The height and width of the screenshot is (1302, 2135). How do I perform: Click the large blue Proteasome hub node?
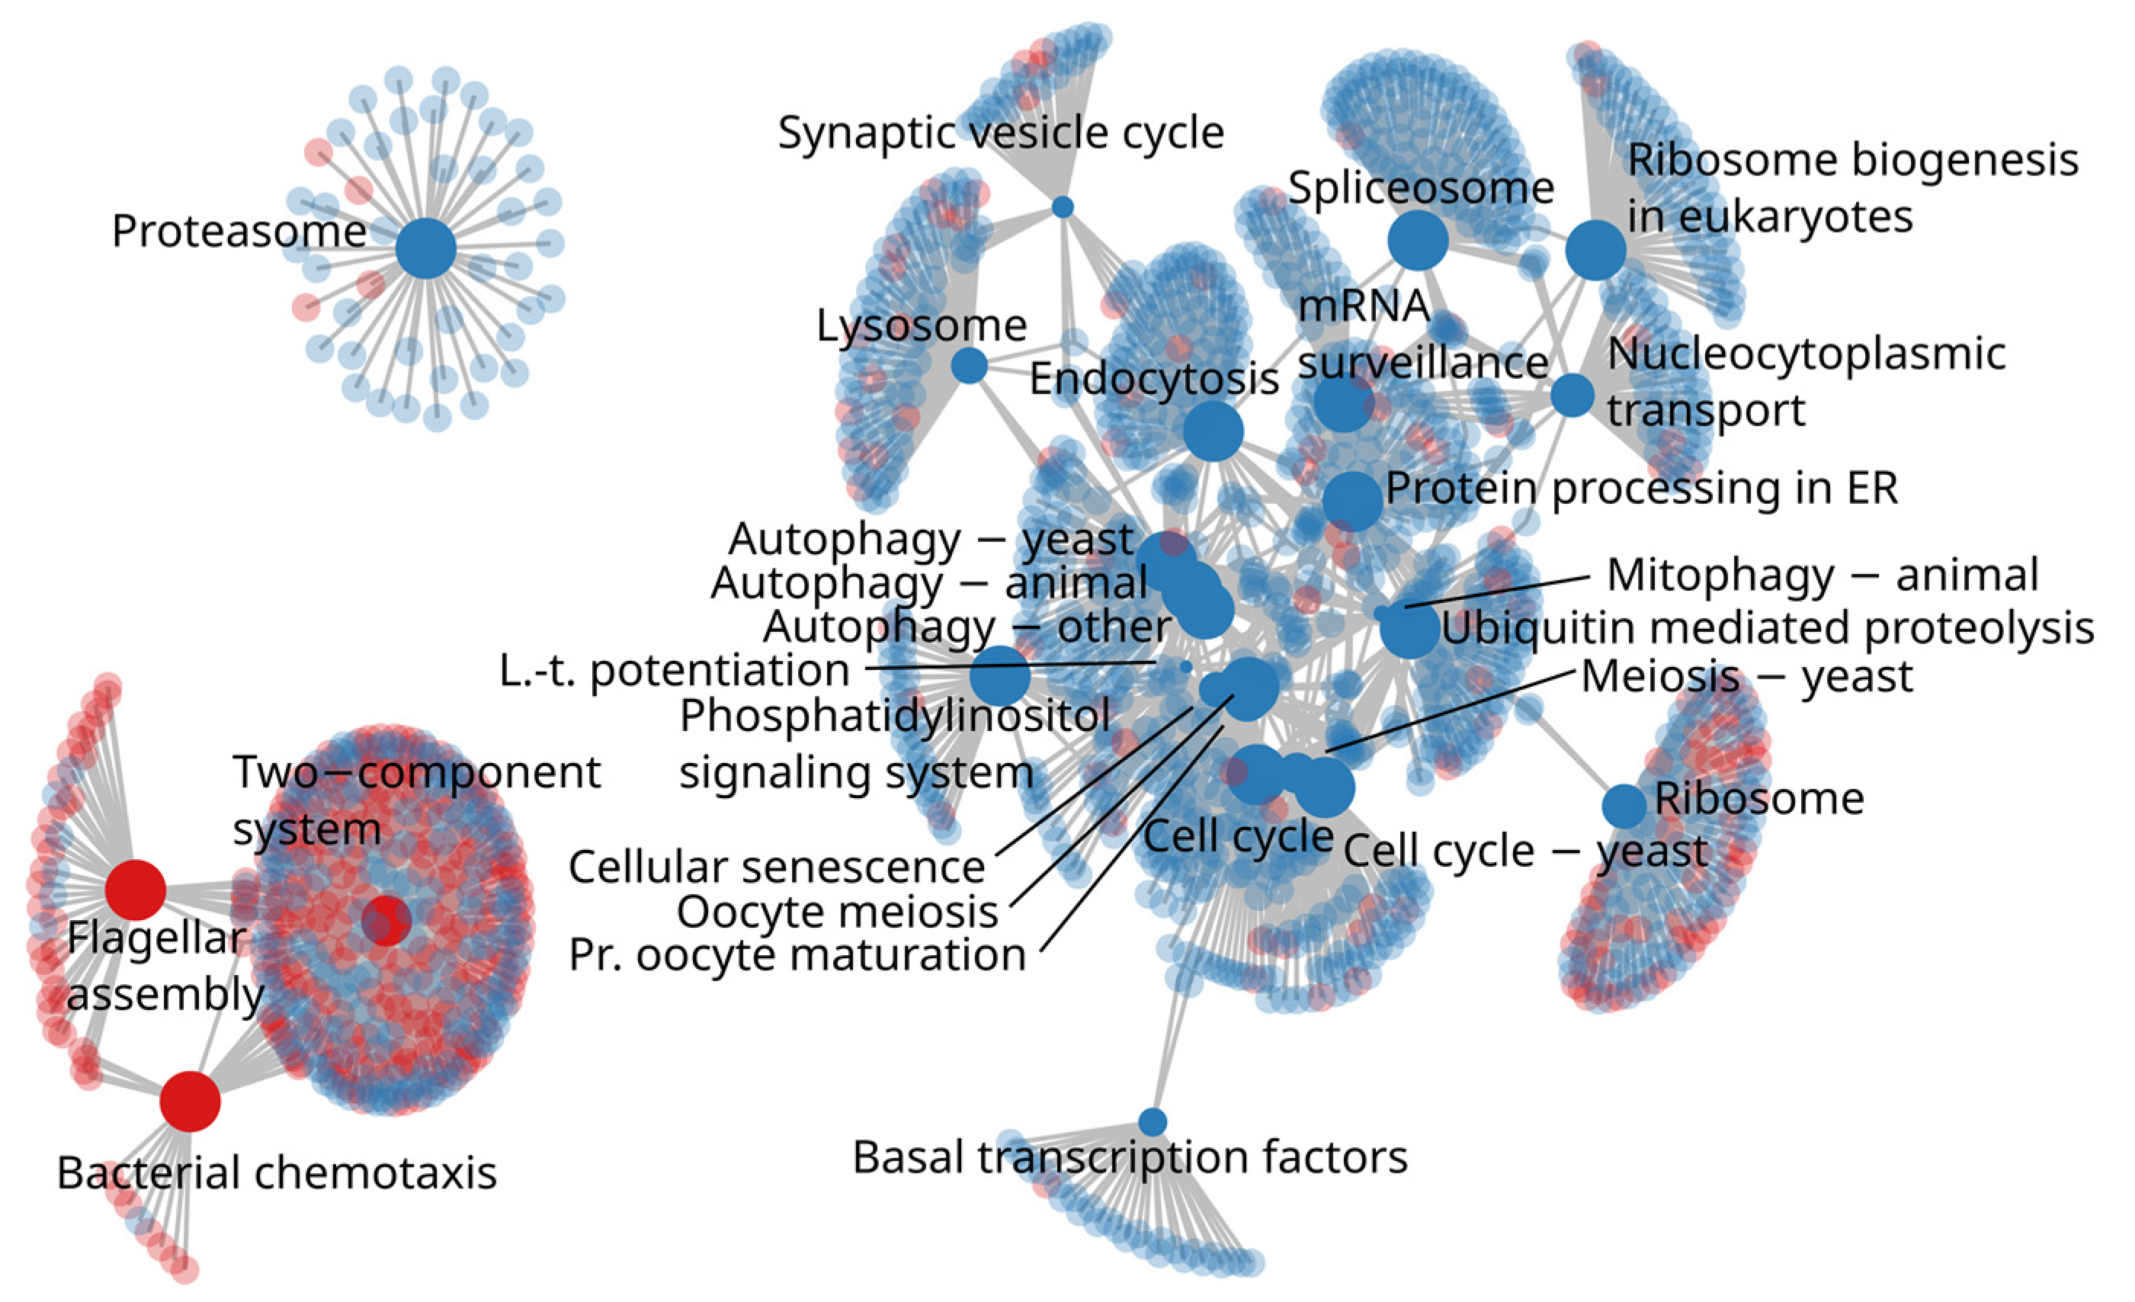point(425,249)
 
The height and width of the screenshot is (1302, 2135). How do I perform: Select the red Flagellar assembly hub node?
point(135,890)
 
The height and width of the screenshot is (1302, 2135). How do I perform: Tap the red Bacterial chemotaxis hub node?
point(190,1101)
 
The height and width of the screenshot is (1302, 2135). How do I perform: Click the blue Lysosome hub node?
point(969,366)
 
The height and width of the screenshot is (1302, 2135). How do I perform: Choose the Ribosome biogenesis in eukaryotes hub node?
point(1595,249)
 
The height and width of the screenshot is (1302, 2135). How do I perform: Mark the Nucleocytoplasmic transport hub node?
point(1572,395)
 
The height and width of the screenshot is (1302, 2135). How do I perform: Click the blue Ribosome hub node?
point(1624,807)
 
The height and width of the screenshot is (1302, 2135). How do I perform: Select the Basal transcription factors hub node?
point(1152,1122)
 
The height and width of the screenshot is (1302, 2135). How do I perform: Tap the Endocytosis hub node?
point(1213,431)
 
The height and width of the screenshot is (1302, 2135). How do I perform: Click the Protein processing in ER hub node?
point(1352,501)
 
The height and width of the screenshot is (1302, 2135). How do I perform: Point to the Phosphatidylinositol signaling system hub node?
point(999,675)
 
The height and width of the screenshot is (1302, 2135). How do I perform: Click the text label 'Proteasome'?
point(239,231)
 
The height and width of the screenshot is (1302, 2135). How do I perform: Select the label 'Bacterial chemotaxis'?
point(277,1173)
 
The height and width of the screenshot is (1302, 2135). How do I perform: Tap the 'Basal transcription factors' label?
point(1130,1157)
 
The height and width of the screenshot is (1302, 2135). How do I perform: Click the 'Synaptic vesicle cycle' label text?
point(1001,133)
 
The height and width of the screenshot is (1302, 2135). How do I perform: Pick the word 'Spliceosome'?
point(1421,188)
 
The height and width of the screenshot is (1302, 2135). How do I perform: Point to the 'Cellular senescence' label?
point(777,867)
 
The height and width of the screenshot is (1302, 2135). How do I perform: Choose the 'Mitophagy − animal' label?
point(1822,576)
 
